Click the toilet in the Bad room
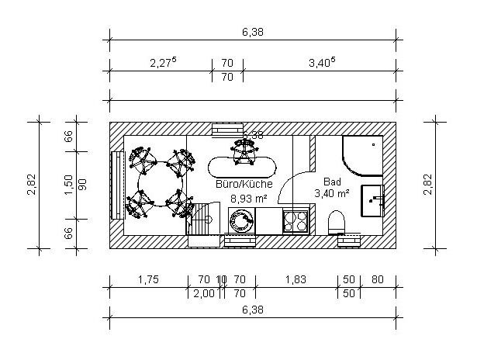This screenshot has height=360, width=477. pos(337,223)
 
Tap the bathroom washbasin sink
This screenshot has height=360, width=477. pos(372,201)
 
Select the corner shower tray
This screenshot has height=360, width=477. pos(362,156)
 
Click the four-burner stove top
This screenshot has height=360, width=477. pos(296,221)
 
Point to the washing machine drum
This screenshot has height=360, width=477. pos(241,220)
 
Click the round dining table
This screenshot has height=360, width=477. pos(161,184)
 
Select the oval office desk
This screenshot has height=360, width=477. pos(243,167)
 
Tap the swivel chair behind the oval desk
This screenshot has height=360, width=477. pos(244,151)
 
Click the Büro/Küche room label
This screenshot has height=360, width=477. pos(244,184)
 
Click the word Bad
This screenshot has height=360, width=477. pos(332,182)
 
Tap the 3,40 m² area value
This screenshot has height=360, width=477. pos(332,193)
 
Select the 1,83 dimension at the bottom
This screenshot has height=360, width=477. pos(296,279)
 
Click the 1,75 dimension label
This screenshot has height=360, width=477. pos(148,279)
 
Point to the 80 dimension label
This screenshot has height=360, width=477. pos(378,279)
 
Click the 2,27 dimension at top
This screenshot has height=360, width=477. pos(164,63)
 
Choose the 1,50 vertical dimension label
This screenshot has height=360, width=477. pos(68,185)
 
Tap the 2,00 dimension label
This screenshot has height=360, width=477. pos(204,293)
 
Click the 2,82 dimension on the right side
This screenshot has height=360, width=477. pos(428,185)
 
